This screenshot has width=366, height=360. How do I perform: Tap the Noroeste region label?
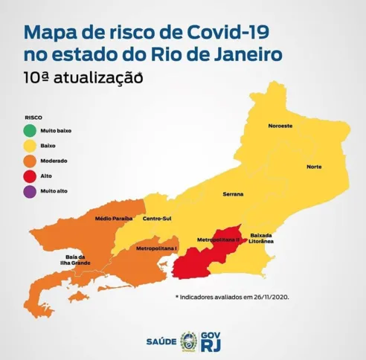280,126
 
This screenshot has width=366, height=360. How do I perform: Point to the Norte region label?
314,166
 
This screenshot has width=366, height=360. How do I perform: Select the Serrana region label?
233,193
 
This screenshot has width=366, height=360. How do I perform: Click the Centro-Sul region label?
158,218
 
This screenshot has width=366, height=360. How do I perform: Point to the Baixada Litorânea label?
262,238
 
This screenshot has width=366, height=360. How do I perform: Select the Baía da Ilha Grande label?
75,258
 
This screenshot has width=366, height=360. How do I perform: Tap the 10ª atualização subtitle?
82,77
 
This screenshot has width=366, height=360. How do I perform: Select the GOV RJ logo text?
213,341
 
